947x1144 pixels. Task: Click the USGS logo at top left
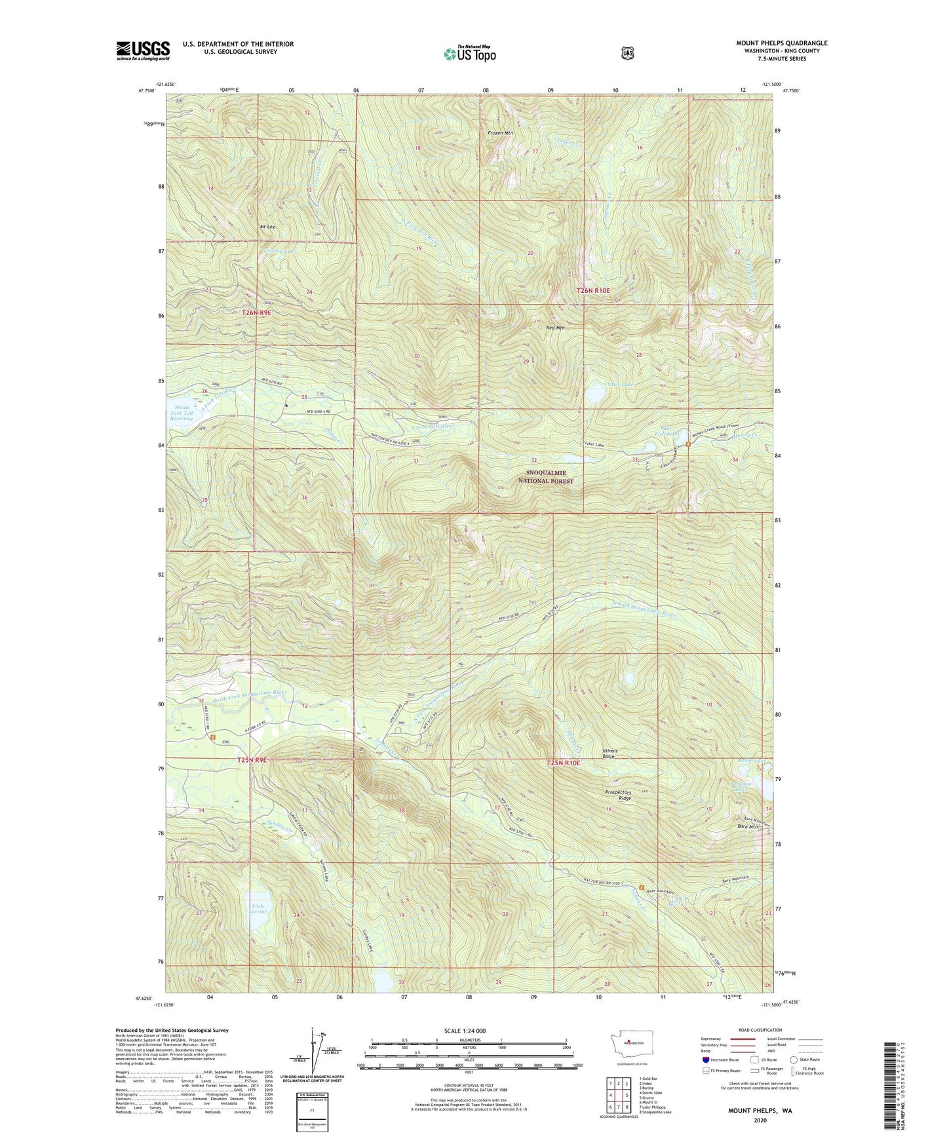[x=143, y=50]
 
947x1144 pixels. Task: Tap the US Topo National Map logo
[x=469, y=54]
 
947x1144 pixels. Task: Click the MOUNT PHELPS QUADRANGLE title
[x=781, y=43]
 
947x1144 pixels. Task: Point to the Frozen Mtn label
[x=500, y=133]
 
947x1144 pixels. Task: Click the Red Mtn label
[x=555, y=328]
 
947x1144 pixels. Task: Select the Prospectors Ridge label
[x=619, y=795]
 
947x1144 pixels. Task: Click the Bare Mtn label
[x=747, y=827]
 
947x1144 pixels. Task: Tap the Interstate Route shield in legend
[x=705, y=1059]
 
